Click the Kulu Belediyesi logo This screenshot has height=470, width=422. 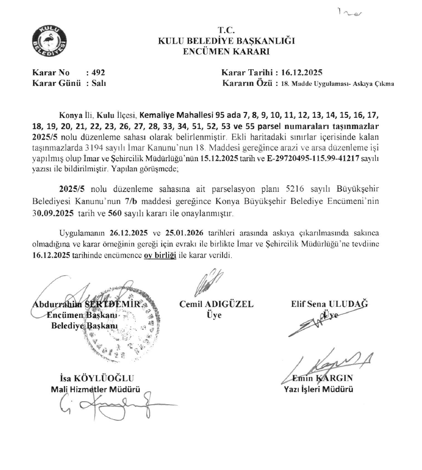click(x=48, y=40)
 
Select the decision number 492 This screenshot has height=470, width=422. click(x=98, y=72)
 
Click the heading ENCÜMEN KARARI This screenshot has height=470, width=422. click(x=227, y=51)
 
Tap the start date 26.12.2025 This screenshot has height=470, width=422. click(x=132, y=234)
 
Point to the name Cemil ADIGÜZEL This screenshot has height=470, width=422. click(x=217, y=304)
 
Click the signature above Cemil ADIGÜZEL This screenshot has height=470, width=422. click(x=212, y=283)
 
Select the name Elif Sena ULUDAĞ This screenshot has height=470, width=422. click(x=330, y=304)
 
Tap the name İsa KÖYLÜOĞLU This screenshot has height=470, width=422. click(x=97, y=378)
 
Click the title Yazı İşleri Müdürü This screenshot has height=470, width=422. click(x=319, y=389)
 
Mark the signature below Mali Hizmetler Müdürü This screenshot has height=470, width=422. click(x=111, y=406)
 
